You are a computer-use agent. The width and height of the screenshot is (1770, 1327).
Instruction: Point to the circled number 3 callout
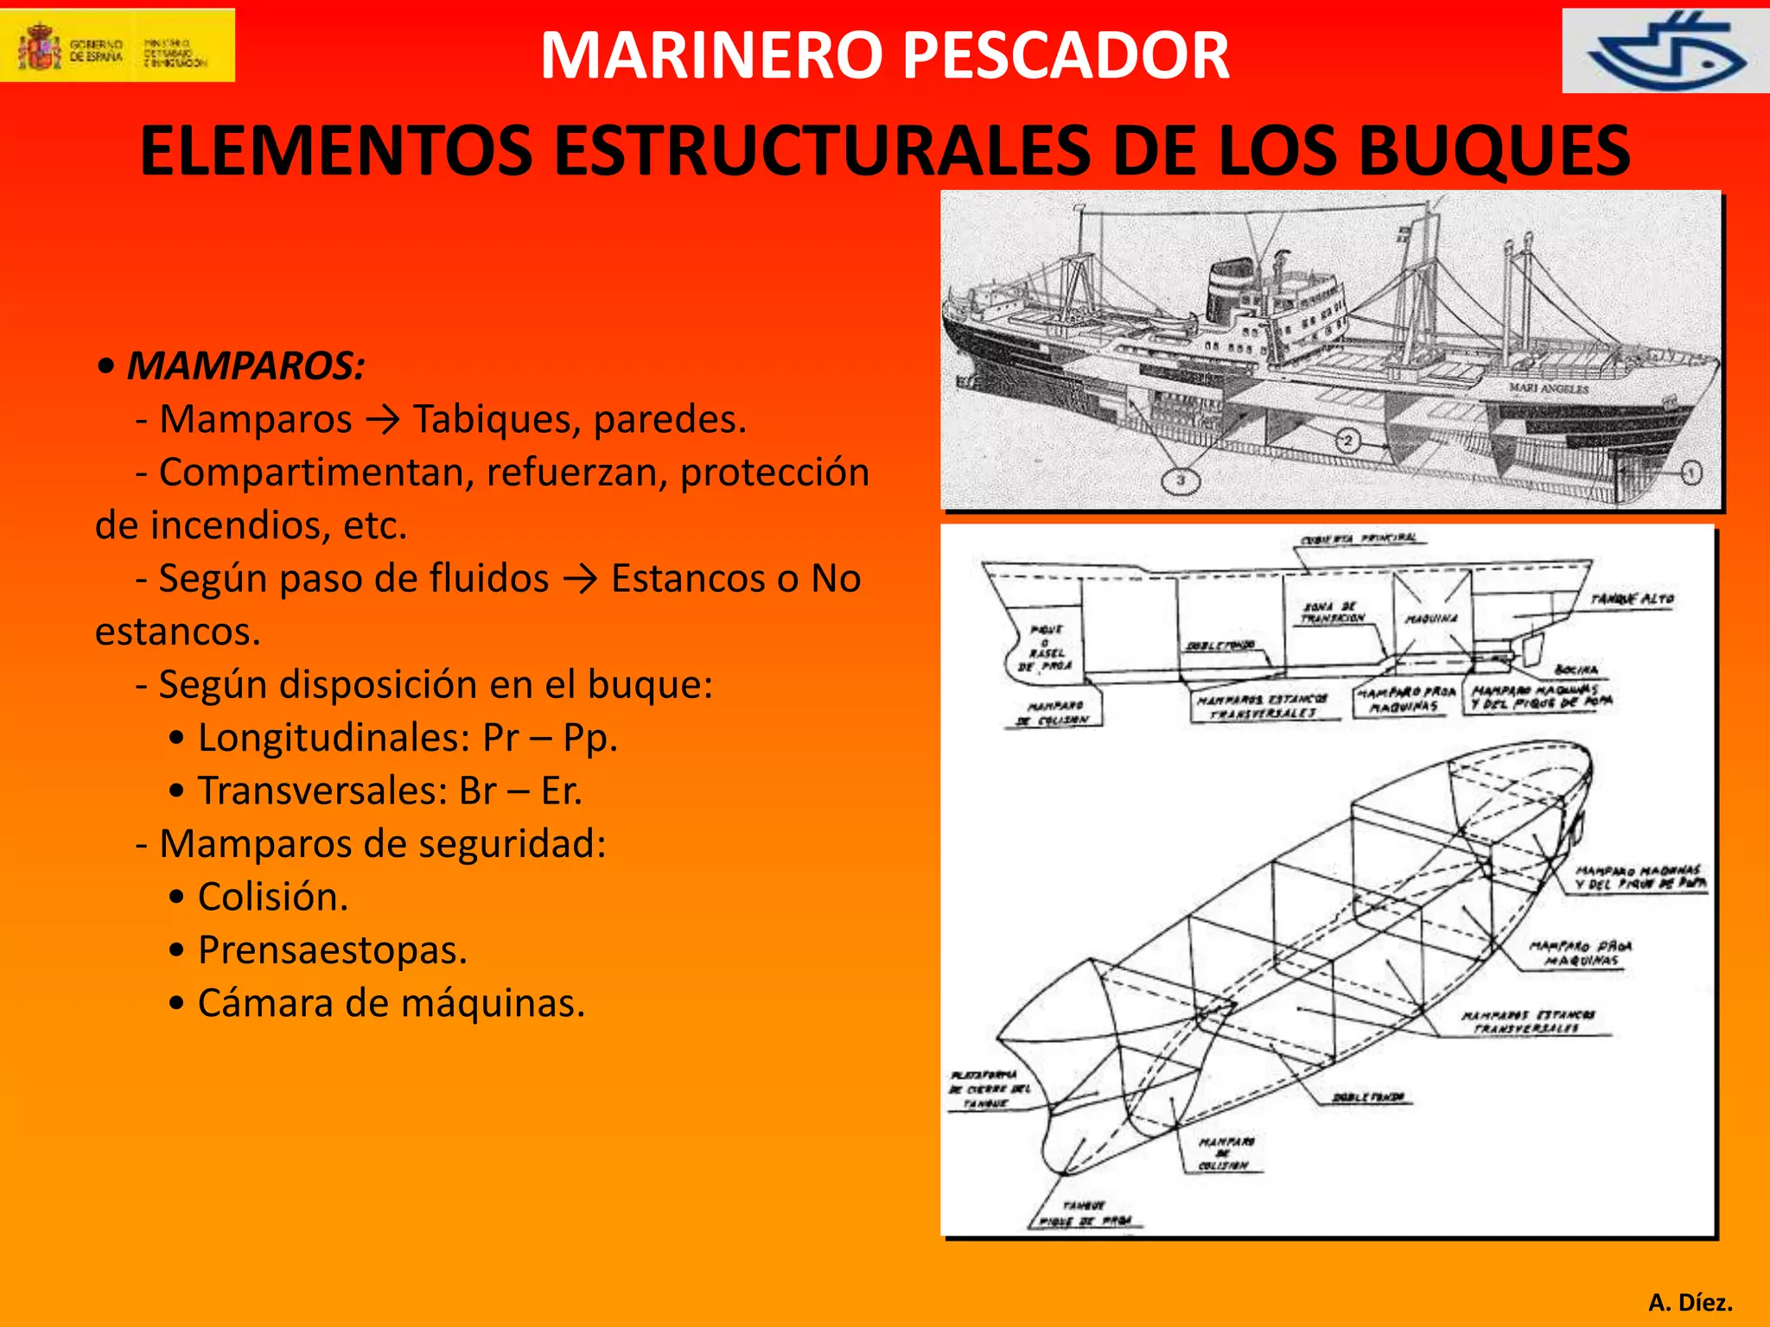pyautogui.click(x=1181, y=480)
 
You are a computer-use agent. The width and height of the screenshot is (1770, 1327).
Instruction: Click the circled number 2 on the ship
pyautogui.click(x=1347, y=441)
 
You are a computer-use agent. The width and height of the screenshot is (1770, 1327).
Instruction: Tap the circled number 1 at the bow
pyautogui.click(x=1691, y=473)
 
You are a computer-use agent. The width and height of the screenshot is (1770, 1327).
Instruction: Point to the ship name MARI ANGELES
pyautogui.click(x=1549, y=389)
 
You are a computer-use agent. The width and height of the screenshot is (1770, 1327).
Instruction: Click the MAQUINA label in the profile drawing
pyautogui.click(x=1431, y=619)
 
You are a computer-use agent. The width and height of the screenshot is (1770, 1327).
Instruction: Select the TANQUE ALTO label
pyautogui.click(x=1632, y=599)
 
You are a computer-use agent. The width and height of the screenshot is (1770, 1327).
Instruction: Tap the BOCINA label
pyautogui.click(x=1576, y=670)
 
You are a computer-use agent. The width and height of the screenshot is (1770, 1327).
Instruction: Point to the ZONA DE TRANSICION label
pyautogui.click(x=1333, y=613)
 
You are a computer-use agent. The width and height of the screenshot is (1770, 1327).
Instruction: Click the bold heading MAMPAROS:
pyautogui.click(x=245, y=366)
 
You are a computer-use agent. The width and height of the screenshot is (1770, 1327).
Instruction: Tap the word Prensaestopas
pyautogui.click(x=333, y=950)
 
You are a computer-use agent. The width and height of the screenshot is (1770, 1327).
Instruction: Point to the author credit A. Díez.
pyautogui.click(x=1690, y=1302)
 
